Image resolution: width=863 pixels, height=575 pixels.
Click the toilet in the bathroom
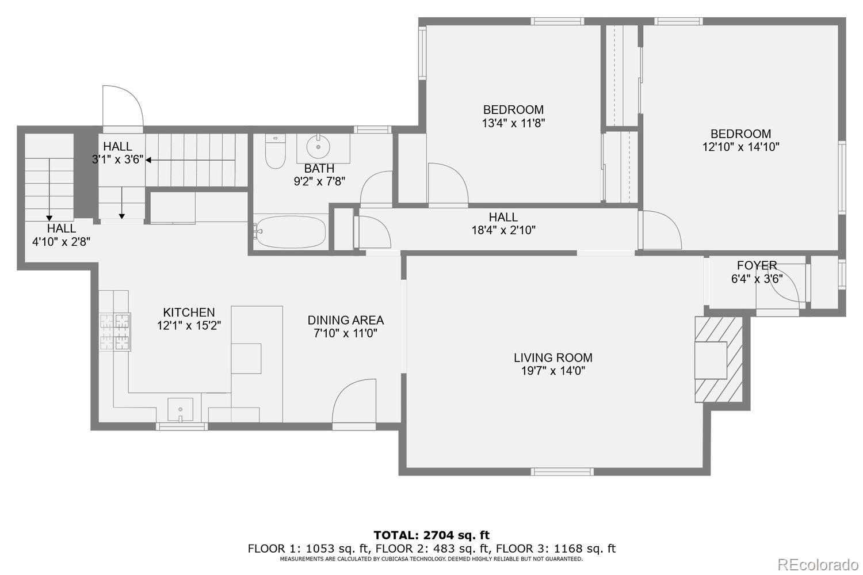point(276,152)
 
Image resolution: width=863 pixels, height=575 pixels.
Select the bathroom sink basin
point(318,147)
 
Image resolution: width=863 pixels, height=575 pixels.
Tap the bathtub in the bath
point(290,231)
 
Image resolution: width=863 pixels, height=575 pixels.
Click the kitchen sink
point(180,409)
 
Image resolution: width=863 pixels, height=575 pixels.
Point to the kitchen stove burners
point(115,332)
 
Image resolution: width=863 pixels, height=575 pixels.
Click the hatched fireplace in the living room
point(719,359)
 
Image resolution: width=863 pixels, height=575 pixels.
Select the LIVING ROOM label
point(552,358)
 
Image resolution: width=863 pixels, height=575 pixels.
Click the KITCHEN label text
point(189,313)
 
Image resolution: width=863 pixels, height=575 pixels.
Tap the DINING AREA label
point(345,321)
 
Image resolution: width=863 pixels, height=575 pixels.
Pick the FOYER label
point(757,265)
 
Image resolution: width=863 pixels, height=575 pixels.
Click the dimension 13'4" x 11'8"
point(513,123)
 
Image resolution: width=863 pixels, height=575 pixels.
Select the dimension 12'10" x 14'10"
point(740,147)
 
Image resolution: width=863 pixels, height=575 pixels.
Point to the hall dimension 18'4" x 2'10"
point(503,230)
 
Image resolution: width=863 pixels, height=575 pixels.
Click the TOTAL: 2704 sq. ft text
point(431,535)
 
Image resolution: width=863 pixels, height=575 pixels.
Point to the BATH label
point(319,169)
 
